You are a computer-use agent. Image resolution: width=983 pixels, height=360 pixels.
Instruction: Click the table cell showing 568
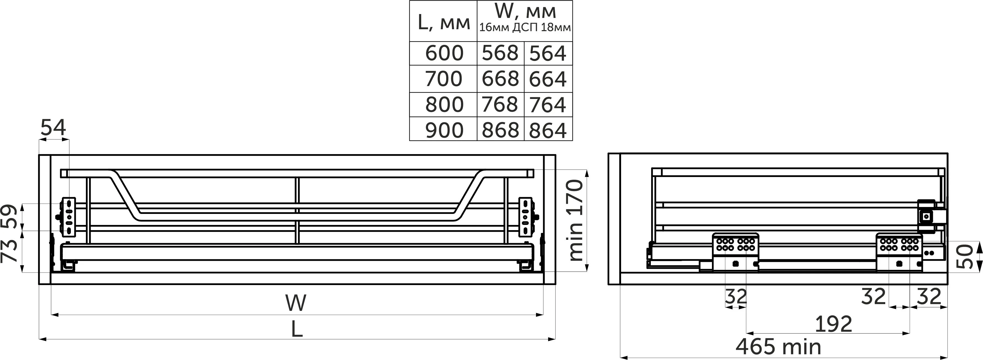[x=500, y=53]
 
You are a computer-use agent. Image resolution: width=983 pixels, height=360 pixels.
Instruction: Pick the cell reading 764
[x=548, y=104]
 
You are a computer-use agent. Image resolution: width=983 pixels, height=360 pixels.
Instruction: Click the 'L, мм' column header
[x=443, y=23]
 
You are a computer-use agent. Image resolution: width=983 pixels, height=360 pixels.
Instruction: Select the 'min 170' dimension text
[x=576, y=220]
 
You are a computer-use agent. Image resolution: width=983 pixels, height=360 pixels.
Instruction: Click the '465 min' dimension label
[x=778, y=347]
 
